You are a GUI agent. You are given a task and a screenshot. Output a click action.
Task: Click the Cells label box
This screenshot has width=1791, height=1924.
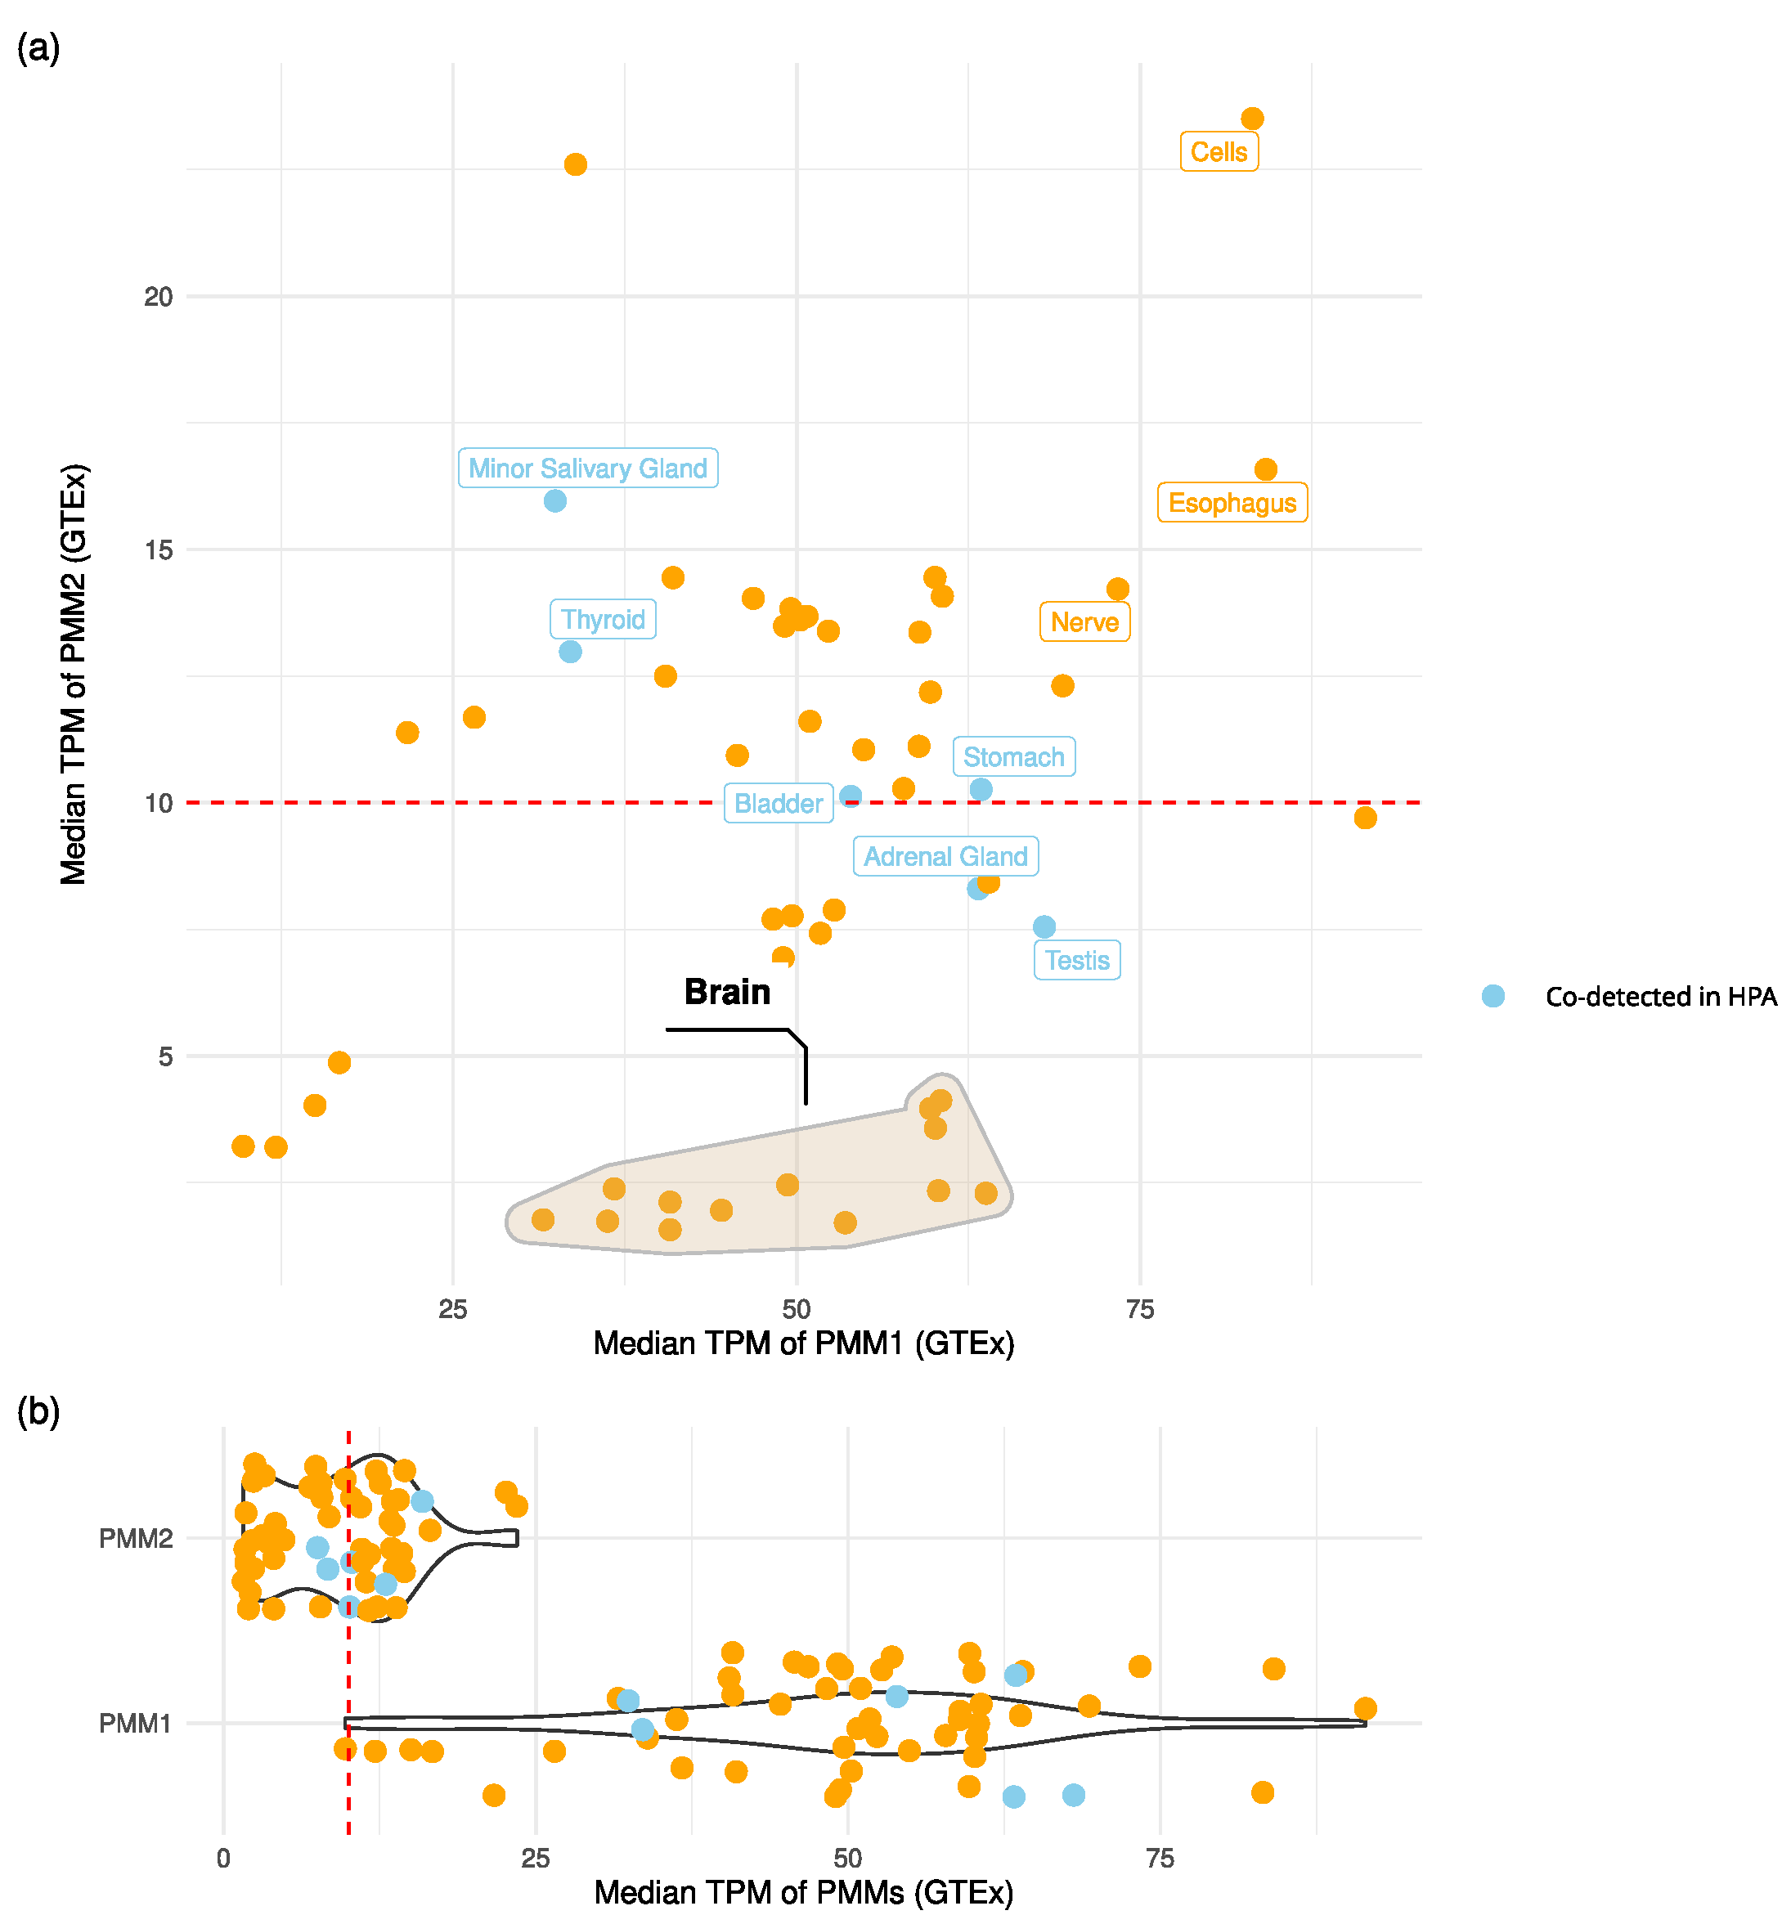click(1218, 152)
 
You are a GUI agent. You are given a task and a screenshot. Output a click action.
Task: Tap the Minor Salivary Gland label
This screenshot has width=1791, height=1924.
click(588, 469)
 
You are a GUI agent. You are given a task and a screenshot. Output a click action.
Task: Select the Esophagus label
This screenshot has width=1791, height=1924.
click(1232, 503)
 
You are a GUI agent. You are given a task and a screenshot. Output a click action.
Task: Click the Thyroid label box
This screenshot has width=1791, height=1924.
click(602, 620)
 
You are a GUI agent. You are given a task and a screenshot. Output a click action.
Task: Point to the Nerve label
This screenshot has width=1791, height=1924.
click(1084, 622)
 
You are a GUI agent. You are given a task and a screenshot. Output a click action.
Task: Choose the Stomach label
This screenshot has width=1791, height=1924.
click(1012, 757)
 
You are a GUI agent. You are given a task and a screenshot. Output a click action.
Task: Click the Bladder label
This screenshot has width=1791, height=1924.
click(778, 803)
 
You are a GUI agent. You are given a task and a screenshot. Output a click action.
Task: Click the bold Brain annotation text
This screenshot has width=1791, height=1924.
click(727, 992)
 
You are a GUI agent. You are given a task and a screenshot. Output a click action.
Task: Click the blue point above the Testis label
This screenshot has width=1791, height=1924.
click(1044, 927)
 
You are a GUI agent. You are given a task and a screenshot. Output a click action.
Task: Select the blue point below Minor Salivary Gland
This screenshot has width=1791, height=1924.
click(554, 501)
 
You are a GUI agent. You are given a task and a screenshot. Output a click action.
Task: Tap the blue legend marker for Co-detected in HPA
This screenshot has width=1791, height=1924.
click(1492, 996)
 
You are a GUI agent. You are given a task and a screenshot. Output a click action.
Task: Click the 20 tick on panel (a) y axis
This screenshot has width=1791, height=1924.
click(158, 297)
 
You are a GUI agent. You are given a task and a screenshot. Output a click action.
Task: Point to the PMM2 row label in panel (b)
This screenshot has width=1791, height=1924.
click(136, 1539)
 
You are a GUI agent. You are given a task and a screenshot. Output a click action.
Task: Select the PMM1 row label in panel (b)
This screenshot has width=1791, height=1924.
click(136, 1724)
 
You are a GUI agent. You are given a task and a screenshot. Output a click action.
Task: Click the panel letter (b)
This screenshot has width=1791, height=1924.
click(38, 1412)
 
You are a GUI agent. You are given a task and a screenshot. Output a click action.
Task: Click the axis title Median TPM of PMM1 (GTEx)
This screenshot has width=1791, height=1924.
click(804, 1343)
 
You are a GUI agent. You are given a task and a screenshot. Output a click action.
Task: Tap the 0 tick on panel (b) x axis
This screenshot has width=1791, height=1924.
click(223, 1859)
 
